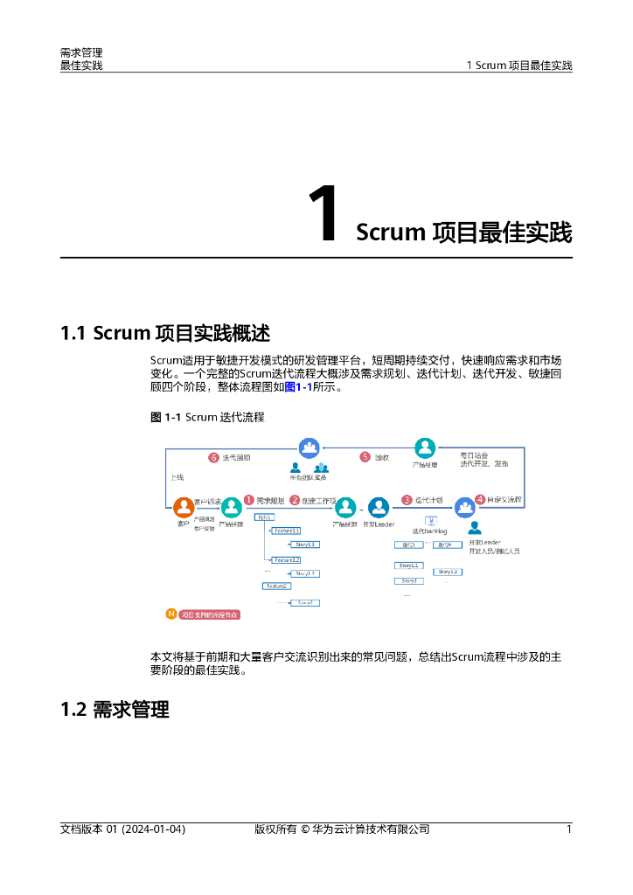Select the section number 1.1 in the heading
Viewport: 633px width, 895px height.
pyautogui.click(x=73, y=333)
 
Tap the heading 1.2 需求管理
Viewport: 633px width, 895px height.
pyautogui.click(x=115, y=709)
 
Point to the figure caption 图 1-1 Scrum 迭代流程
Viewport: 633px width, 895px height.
pyautogui.click(x=207, y=417)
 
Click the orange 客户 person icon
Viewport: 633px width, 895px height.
pyautogui.click(x=184, y=508)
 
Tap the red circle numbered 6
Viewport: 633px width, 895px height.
pyautogui.click(x=212, y=457)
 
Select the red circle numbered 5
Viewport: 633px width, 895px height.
pyautogui.click(x=365, y=457)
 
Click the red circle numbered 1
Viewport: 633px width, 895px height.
pyautogui.click(x=248, y=500)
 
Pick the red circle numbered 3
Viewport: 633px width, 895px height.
pyautogui.click(x=407, y=500)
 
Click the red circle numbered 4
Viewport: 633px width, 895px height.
pyautogui.click(x=479, y=500)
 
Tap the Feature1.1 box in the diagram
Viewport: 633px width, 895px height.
pyautogui.click(x=287, y=531)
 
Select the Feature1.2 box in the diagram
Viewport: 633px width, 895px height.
pyautogui.click(x=287, y=559)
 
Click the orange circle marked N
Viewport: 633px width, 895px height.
pyautogui.click(x=170, y=614)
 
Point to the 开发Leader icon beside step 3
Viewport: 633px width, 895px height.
pyautogui.click(x=379, y=508)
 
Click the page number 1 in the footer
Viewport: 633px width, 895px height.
pyautogui.click(x=569, y=829)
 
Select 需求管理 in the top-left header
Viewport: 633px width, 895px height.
pyautogui.click(x=80, y=53)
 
